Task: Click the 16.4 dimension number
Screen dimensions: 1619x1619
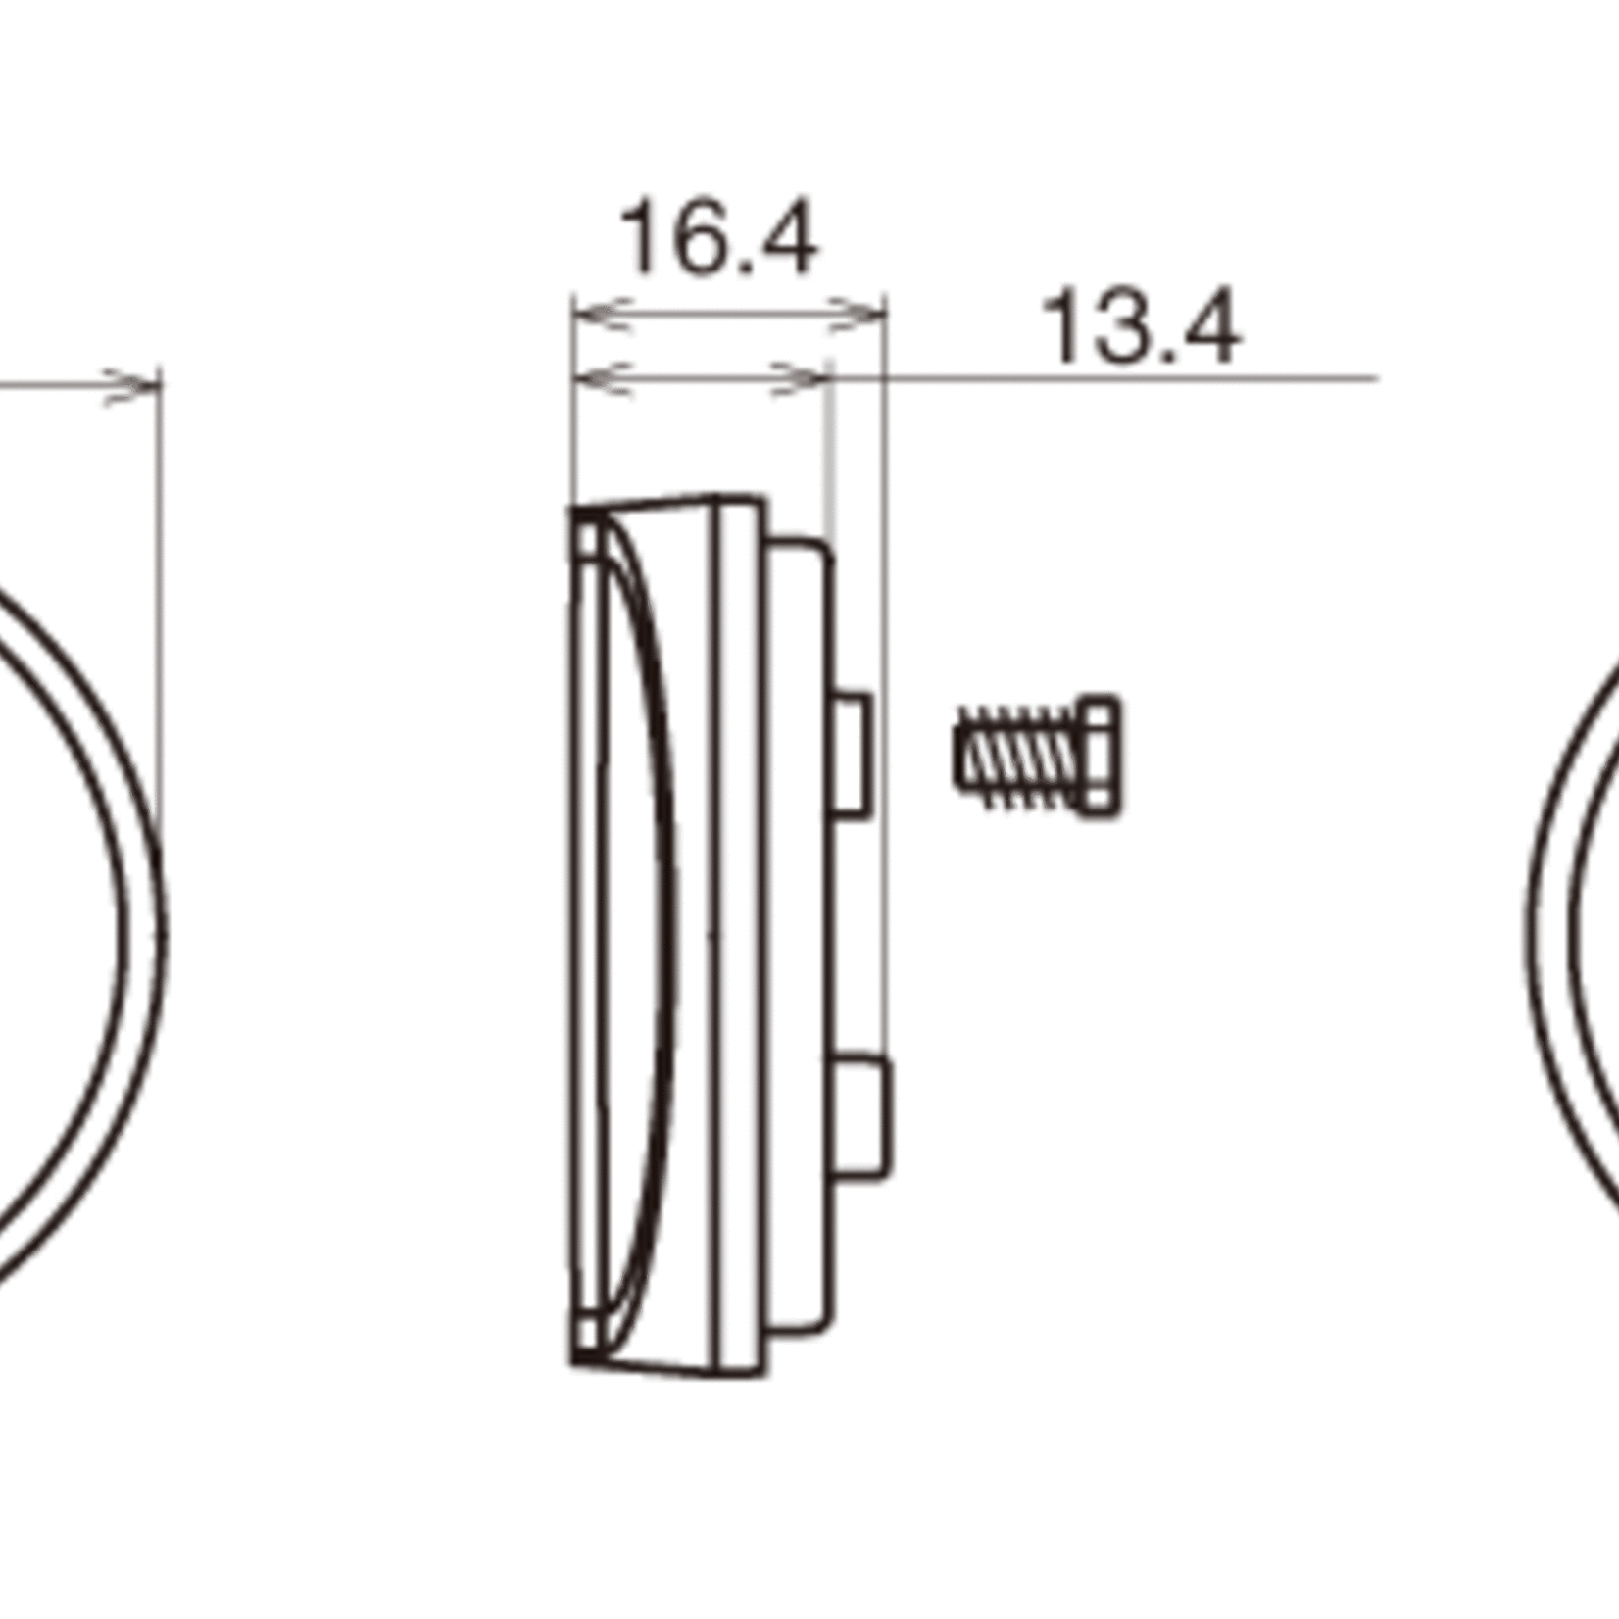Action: (718, 238)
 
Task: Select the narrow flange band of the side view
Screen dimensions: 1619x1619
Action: (734, 931)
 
